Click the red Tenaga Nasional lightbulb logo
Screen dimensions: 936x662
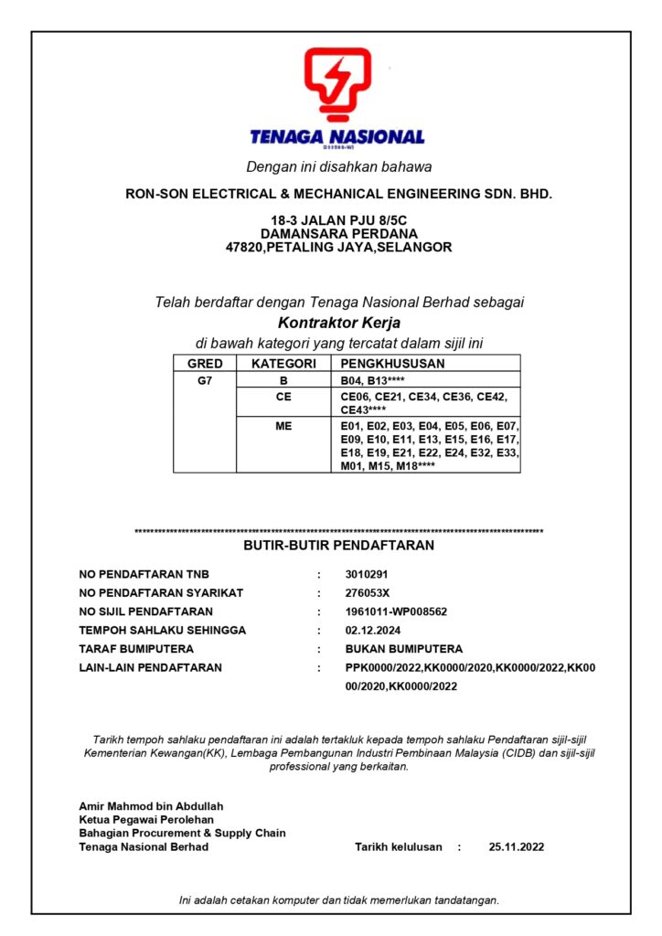pos(337,85)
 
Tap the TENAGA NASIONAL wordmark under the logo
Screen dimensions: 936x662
pos(337,137)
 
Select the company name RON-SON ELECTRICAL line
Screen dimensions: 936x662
pos(338,195)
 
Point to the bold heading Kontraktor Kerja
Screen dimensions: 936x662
pos(339,323)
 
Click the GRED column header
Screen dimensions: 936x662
pos(205,364)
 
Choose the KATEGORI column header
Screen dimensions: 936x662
pos(283,364)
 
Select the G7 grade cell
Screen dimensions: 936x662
pos(205,380)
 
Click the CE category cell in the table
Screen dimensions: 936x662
pos(283,397)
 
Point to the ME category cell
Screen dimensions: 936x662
pos(283,425)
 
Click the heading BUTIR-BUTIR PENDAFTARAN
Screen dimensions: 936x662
pos(338,546)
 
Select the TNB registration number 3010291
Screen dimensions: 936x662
pos(368,575)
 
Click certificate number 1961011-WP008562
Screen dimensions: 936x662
pos(396,612)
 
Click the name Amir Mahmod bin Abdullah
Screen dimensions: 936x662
pos(151,806)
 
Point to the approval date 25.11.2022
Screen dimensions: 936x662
pos(517,847)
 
